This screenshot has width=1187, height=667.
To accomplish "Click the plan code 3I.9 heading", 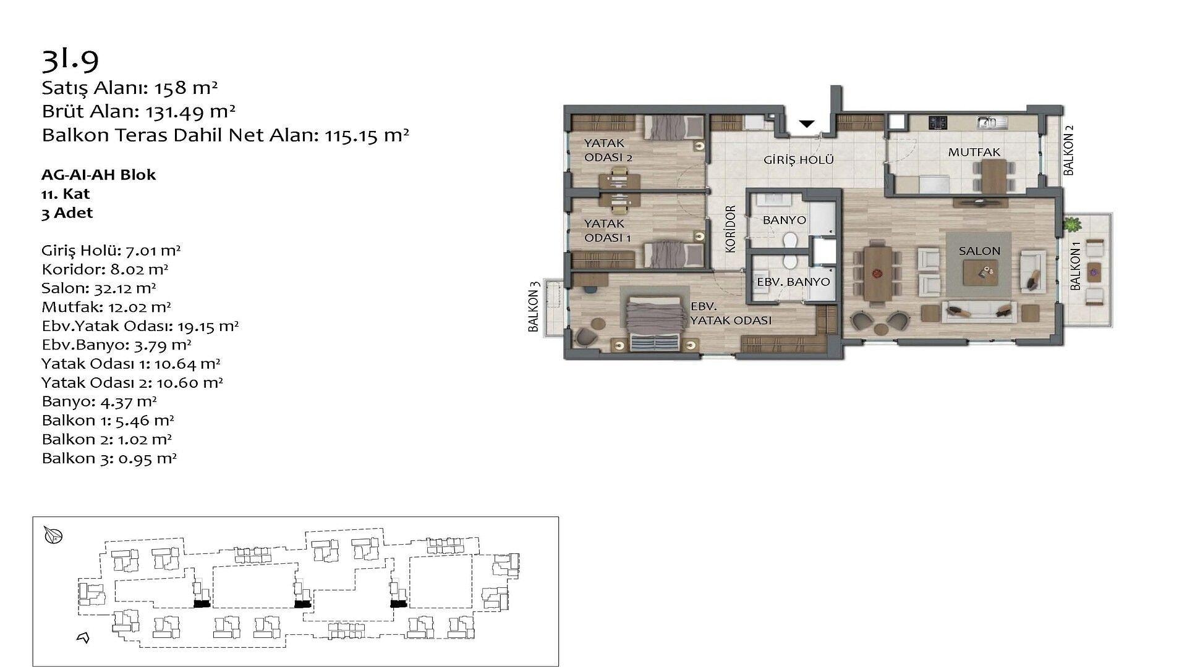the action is [x=70, y=58].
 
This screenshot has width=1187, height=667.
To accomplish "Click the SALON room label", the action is [x=979, y=251].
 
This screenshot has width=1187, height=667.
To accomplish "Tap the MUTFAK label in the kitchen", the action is [x=974, y=152].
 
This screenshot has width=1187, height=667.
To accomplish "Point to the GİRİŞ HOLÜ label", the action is [x=799, y=160].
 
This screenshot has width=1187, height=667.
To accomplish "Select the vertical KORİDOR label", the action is [x=731, y=229].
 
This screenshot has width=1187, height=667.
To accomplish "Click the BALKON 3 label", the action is [x=534, y=307].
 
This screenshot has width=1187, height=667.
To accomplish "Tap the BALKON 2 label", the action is [x=1069, y=150].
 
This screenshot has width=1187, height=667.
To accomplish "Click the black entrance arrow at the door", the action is [x=806, y=124].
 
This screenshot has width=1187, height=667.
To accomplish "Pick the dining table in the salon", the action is [x=877, y=272].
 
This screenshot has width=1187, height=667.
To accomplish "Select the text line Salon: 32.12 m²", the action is [x=99, y=288].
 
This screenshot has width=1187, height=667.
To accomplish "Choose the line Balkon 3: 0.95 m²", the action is [x=109, y=458].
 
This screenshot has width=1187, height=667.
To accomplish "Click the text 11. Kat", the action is [x=66, y=194].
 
